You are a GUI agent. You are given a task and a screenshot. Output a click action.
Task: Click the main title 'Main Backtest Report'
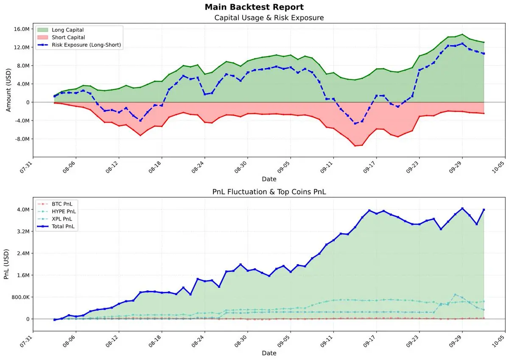(x=254, y=7)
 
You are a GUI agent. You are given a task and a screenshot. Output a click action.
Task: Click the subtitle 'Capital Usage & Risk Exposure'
(x=269, y=18)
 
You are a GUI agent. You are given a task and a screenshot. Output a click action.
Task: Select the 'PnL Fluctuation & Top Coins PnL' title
(x=269, y=192)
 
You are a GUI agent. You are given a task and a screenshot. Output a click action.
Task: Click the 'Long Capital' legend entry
(x=67, y=30)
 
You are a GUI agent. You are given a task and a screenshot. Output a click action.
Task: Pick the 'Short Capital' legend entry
(x=68, y=37)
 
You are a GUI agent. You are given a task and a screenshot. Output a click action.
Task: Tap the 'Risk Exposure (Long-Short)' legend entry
(x=87, y=45)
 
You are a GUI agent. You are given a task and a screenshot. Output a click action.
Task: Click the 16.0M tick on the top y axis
(x=21, y=29)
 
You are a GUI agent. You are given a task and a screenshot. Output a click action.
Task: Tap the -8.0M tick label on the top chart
(x=21, y=139)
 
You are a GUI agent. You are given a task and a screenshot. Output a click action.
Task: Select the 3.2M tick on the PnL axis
(x=22, y=232)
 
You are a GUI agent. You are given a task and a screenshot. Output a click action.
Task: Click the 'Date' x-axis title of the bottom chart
(x=269, y=353)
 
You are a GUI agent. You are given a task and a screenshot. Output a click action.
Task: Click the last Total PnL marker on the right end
(x=484, y=210)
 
